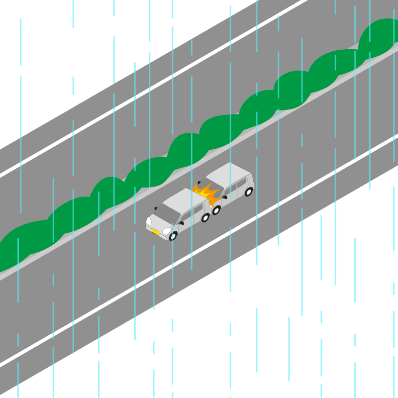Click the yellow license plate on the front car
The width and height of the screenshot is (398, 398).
coord(156,232)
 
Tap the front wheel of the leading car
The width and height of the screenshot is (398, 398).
coord(173,236)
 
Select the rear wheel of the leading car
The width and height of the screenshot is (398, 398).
coord(205,217)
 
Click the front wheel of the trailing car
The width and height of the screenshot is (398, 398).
coord(216,210)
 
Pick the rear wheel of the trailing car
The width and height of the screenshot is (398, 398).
coord(248,192)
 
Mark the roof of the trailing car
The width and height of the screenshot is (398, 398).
coord(229,173)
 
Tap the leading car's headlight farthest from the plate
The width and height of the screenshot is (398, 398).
coord(148,220)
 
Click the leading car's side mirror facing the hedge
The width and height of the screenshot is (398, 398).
coord(156,208)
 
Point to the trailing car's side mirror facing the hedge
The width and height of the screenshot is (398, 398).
coord(199,182)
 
